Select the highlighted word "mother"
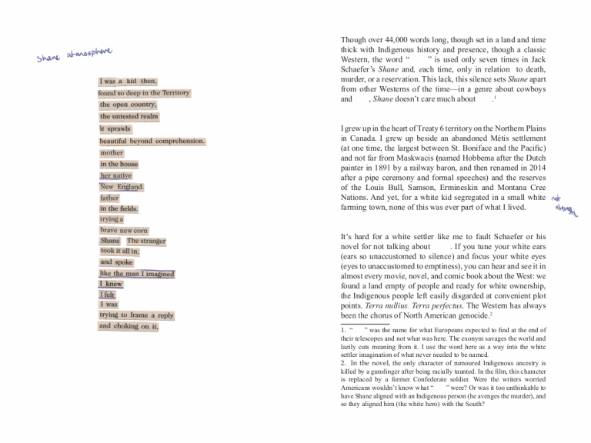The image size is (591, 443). tap(112, 153)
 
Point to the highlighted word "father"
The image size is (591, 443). tap(109, 198)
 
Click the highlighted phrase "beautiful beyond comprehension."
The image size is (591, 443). tap(152, 142)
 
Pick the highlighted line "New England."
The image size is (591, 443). tap(122, 187)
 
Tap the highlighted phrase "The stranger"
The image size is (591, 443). tap(146, 241)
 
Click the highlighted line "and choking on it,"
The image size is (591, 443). tap(129, 326)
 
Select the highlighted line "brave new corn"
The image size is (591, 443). tap(123, 231)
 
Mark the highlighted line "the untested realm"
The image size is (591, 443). tap(129, 117)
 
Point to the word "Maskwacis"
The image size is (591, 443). tap(412, 157)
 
